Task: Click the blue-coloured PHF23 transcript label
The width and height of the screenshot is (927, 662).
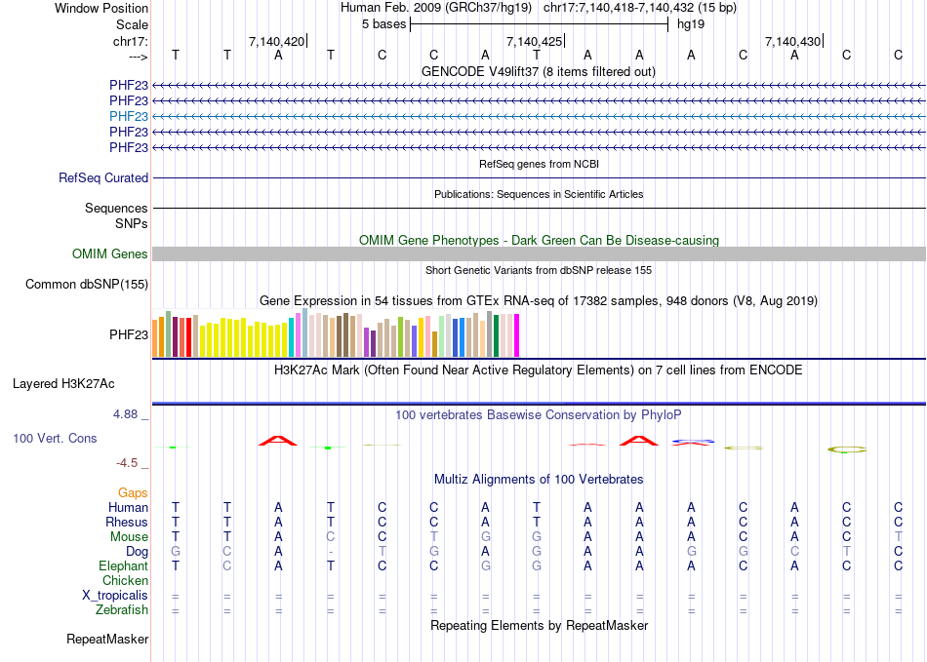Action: pos(129,116)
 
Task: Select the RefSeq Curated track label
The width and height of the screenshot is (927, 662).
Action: pos(103,178)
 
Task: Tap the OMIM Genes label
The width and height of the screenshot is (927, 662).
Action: pos(110,254)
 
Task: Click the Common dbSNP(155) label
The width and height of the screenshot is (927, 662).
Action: pos(88,285)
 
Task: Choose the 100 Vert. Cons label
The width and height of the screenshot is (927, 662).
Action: pos(55,439)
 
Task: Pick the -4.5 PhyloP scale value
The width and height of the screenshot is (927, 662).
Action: pos(128,463)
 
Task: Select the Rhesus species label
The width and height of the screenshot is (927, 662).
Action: pos(127,523)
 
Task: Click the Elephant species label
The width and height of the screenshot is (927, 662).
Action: pos(123,566)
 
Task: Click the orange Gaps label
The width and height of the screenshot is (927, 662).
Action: pos(133,493)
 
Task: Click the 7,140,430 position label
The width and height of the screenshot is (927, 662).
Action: pos(793,41)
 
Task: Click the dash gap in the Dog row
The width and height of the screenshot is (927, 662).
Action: pos(331,552)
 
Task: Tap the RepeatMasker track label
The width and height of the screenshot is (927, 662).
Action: pos(107,640)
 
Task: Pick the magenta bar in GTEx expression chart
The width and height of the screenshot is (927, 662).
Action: pos(516,336)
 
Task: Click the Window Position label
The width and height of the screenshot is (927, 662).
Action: pos(101,8)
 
